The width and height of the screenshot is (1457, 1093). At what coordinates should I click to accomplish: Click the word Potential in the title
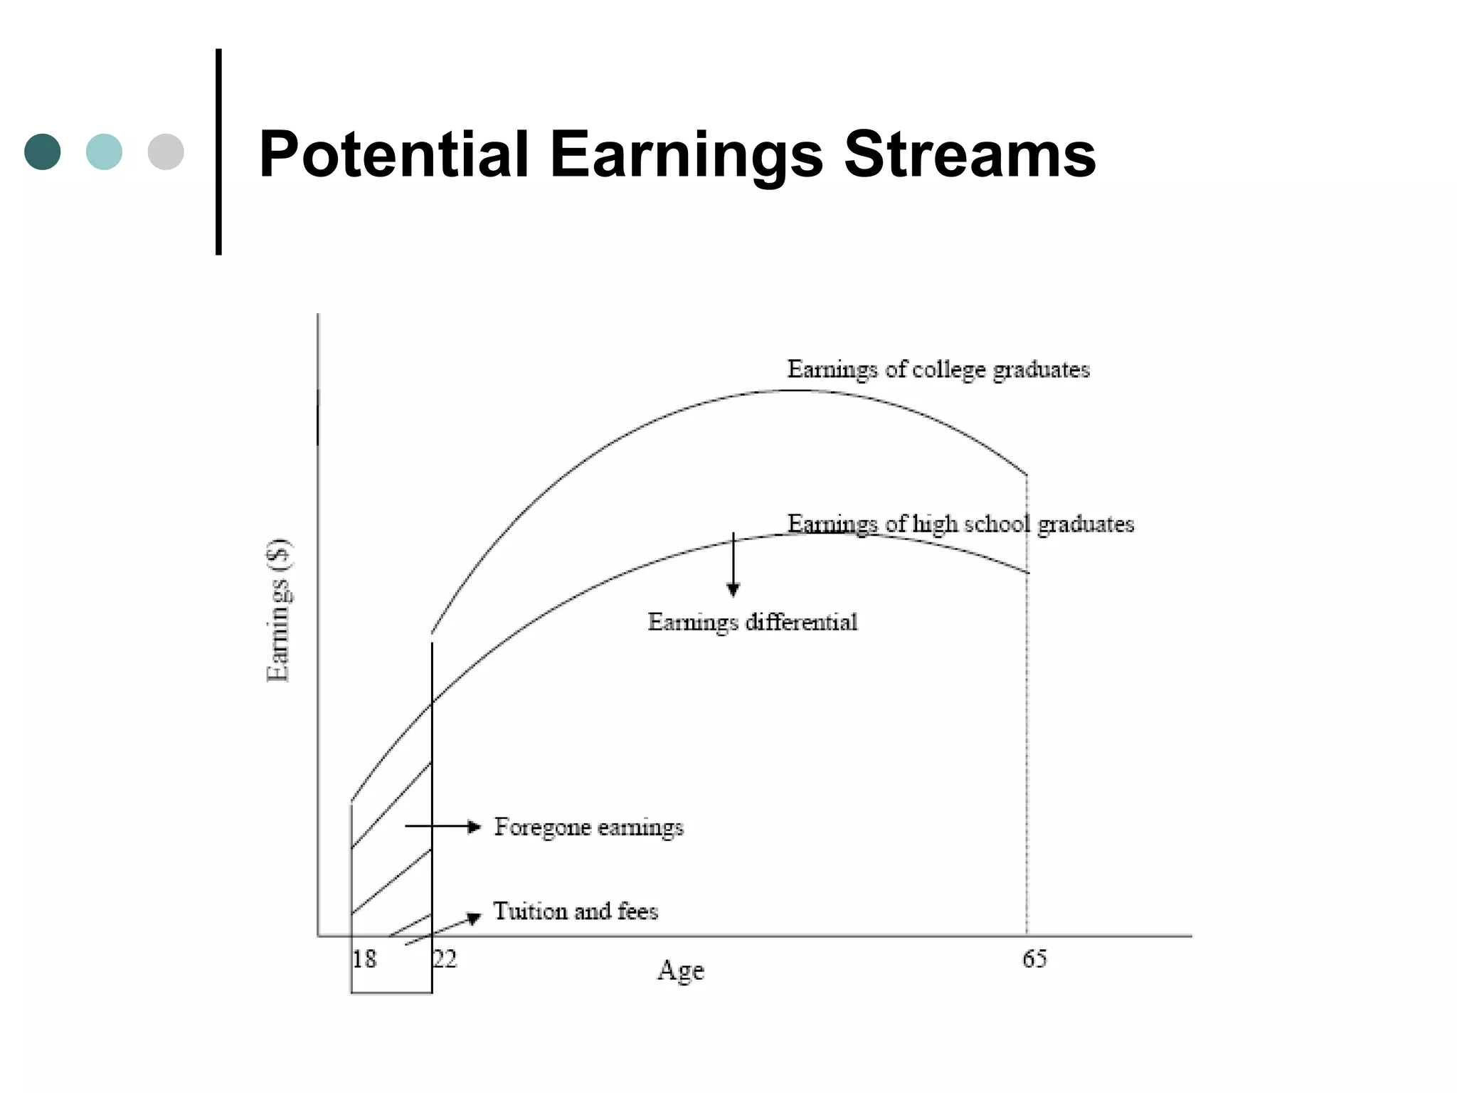pyautogui.click(x=393, y=154)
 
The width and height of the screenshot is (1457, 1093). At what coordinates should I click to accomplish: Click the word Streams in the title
pyautogui.click(x=970, y=154)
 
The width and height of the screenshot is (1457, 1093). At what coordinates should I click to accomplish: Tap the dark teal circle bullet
pyautogui.click(x=43, y=152)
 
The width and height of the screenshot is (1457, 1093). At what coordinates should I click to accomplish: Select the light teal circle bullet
pyautogui.click(x=104, y=152)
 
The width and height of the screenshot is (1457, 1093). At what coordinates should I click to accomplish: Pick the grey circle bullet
pyautogui.click(x=166, y=152)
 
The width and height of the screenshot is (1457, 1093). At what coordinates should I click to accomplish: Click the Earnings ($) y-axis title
pyautogui.click(x=278, y=611)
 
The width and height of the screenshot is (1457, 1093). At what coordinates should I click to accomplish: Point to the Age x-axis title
pyautogui.click(x=681, y=971)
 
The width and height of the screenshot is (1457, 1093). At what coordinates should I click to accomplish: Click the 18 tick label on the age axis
pyautogui.click(x=364, y=959)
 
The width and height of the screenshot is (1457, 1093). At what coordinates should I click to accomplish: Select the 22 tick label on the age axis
pyautogui.click(x=445, y=959)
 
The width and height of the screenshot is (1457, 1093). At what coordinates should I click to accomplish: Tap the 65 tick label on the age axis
pyautogui.click(x=1034, y=959)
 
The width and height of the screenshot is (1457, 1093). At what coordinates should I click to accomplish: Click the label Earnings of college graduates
pyautogui.click(x=938, y=369)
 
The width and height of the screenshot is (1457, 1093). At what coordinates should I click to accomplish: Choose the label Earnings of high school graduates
pyautogui.click(x=960, y=524)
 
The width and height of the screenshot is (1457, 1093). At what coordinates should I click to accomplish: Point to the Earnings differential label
pyautogui.click(x=753, y=622)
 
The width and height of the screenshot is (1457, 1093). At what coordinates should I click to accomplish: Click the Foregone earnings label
pyautogui.click(x=589, y=827)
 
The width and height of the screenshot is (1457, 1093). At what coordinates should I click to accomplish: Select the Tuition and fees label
pyautogui.click(x=576, y=912)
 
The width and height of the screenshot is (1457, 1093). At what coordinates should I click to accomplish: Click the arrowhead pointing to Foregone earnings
pyautogui.click(x=475, y=826)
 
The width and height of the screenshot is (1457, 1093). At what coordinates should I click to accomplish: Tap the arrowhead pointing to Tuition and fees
pyautogui.click(x=474, y=918)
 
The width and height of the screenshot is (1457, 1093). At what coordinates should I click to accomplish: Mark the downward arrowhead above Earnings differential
pyautogui.click(x=733, y=589)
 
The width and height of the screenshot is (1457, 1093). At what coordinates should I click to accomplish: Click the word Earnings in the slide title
pyautogui.click(x=687, y=154)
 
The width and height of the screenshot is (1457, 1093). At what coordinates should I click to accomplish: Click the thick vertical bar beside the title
pyautogui.click(x=218, y=152)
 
